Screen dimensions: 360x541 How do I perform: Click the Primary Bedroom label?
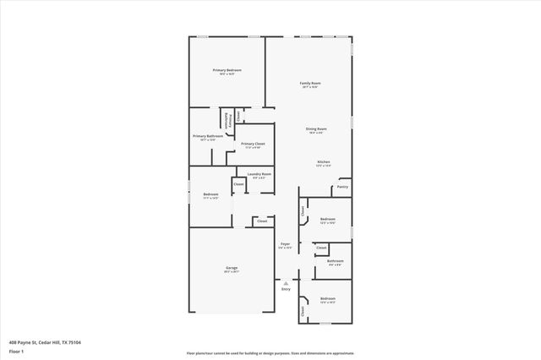pyautogui.click(x=227, y=70)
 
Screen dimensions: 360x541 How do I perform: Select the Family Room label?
pyautogui.click(x=310, y=83)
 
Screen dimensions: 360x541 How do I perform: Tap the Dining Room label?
pyautogui.click(x=317, y=129)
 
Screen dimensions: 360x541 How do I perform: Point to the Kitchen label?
pyautogui.click(x=323, y=161)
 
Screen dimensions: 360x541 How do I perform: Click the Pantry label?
pyautogui.click(x=343, y=187)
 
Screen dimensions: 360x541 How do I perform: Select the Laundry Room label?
pyautogui.click(x=260, y=174)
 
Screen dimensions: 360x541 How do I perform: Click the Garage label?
pyautogui.click(x=231, y=267)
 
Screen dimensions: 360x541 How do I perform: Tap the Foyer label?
pyautogui.click(x=286, y=243)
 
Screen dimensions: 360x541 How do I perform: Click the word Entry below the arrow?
pyautogui.click(x=286, y=288)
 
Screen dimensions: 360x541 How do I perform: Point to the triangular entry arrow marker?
pyautogui.click(x=286, y=281)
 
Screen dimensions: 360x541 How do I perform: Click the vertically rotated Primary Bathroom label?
pyautogui.click(x=227, y=120)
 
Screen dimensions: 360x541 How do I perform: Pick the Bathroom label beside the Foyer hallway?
pyautogui.click(x=335, y=261)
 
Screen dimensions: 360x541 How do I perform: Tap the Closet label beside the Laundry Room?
pyautogui.click(x=238, y=183)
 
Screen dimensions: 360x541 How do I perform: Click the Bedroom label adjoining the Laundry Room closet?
pyautogui.click(x=210, y=195)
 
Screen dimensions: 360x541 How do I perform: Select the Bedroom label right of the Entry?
pyautogui.click(x=328, y=298)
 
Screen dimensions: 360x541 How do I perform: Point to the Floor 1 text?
pyautogui.click(x=17, y=351)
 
